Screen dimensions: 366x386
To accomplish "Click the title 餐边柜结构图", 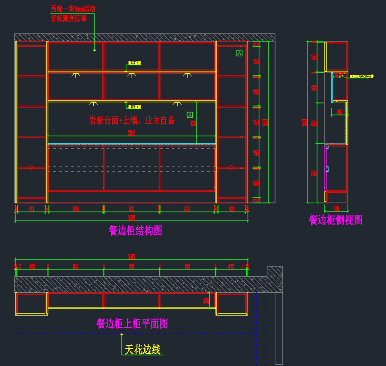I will point(135,231).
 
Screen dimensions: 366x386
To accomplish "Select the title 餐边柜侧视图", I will point(335,220).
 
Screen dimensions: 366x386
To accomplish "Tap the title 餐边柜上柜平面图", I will point(132,324).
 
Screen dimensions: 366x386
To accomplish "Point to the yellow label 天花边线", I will point(142,350).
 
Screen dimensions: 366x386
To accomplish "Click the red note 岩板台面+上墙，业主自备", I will point(132,121).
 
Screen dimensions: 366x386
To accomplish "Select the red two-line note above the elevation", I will point(73,14).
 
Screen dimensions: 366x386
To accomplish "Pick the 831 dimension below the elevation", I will point(131,209).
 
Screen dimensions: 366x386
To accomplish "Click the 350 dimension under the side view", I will point(336,208).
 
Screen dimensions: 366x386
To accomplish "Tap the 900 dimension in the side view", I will point(314,173).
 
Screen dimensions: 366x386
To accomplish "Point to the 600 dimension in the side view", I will point(314,123).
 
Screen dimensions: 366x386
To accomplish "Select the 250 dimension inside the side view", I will point(340,112).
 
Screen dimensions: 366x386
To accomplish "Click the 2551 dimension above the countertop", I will point(132,133).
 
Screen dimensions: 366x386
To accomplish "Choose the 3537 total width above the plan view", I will point(132,256).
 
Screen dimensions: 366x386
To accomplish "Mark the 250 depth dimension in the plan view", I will point(206,301).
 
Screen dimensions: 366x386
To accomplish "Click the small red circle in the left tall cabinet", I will point(31,168).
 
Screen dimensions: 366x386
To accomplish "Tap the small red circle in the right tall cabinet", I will point(231,168).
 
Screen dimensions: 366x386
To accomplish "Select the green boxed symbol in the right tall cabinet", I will point(239,53).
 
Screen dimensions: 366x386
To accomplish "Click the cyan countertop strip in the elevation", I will point(131,144).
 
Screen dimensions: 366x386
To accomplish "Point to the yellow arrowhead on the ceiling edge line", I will point(122,334).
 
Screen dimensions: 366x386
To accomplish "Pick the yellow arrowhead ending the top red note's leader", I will point(94,50).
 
